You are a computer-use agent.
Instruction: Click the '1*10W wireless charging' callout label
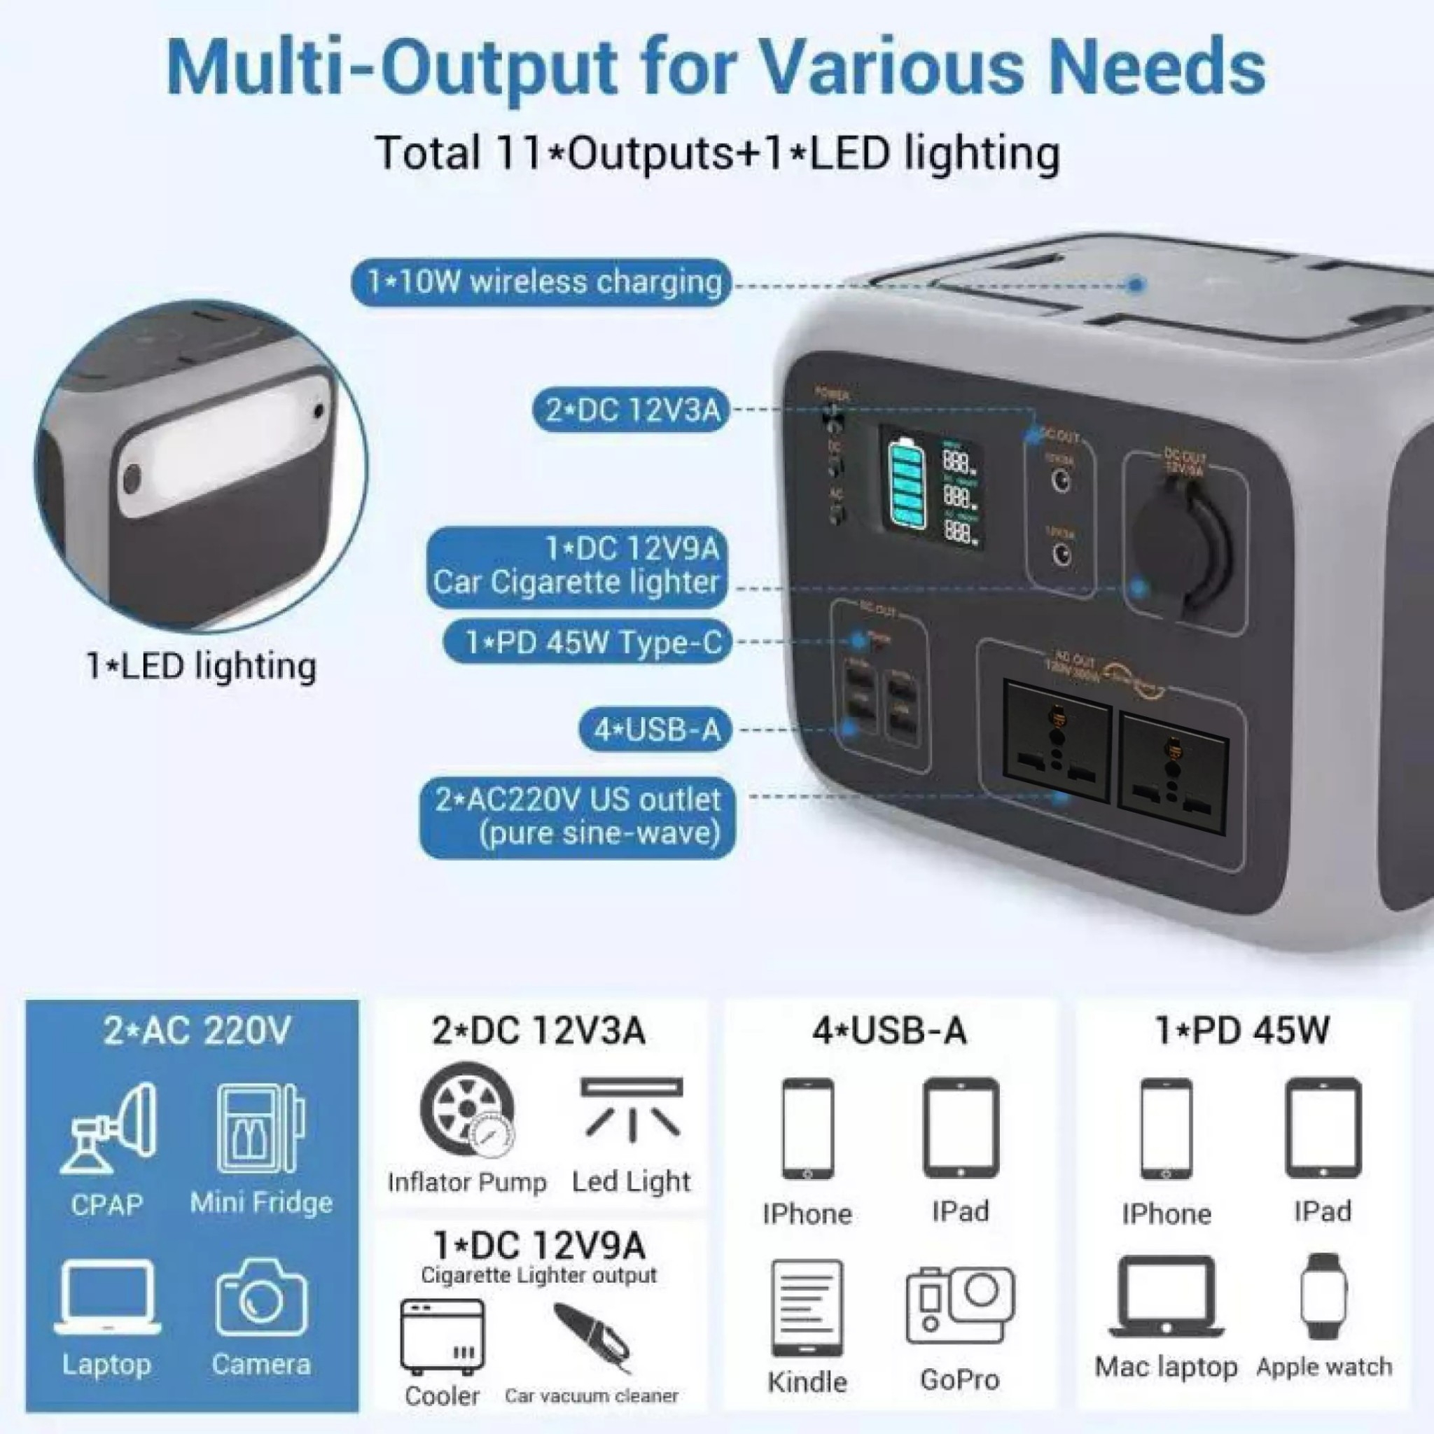pos(541,283)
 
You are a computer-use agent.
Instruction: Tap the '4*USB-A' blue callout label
pos(655,730)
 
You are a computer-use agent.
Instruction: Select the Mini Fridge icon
pos(260,1127)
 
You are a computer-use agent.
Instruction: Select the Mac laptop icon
pos(1165,1297)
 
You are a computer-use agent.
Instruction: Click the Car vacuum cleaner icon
pos(592,1336)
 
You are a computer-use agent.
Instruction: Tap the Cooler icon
pos(443,1337)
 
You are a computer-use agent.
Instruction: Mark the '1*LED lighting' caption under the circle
pos(201,666)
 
